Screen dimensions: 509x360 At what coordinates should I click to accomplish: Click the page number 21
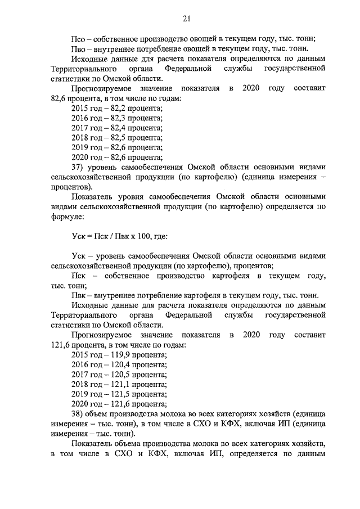186,19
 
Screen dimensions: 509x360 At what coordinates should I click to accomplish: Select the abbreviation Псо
79,39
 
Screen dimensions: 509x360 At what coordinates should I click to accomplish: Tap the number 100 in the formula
136,237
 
